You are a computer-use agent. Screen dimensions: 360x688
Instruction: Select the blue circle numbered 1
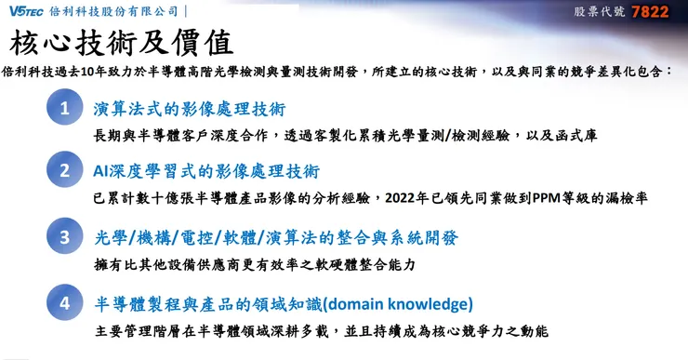64,108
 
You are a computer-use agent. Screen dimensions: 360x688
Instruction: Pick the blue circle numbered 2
64,171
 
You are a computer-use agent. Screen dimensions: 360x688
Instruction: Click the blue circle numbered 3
64,237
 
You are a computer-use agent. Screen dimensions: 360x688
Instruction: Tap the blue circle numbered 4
64,303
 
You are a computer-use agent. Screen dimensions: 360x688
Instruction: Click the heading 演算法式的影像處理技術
190,108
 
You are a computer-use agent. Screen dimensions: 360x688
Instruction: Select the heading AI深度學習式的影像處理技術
205,171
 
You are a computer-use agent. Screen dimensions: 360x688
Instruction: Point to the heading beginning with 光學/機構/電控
277,237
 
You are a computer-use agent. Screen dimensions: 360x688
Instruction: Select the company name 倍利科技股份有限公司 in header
120,12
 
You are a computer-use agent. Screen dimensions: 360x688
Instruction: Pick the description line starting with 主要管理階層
322,330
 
